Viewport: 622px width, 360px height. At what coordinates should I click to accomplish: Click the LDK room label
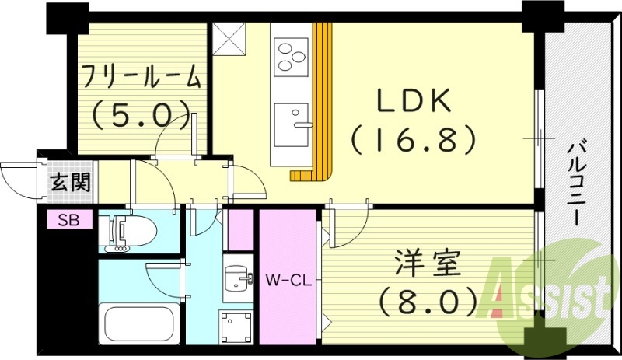[413, 100]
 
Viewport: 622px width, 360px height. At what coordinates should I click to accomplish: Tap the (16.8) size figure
[413, 139]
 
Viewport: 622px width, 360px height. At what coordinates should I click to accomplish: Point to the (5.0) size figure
[141, 115]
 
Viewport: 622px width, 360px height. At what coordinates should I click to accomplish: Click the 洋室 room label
[428, 264]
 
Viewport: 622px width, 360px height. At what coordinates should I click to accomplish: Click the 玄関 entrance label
[71, 183]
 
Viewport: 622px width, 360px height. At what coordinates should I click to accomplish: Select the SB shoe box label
[69, 219]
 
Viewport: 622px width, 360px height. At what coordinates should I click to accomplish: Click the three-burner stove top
[292, 58]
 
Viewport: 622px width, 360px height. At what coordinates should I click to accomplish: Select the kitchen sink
[292, 124]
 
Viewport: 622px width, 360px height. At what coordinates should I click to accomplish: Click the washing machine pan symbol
[237, 327]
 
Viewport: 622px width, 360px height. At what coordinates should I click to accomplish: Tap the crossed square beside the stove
[229, 39]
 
